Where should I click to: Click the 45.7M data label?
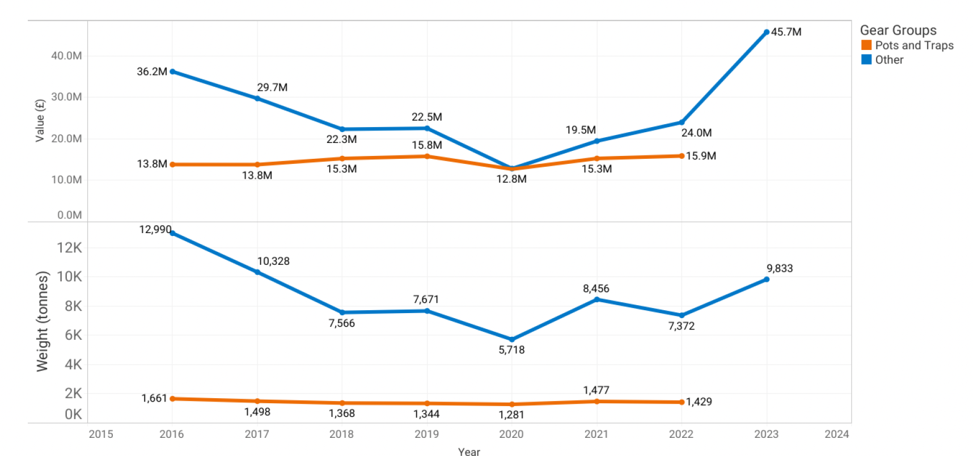click(x=786, y=32)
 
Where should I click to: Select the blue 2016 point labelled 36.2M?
click(x=172, y=71)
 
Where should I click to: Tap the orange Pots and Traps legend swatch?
click(x=866, y=45)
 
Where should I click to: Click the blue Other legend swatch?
click(x=866, y=60)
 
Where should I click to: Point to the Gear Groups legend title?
click(x=898, y=30)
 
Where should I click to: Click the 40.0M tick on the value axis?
click(x=66, y=56)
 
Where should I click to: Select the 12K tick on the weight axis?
click(x=69, y=248)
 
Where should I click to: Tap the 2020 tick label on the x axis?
click(x=511, y=434)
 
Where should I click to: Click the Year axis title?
click(x=469, y=451)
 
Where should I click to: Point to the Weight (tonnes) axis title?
click(x=43, y=321)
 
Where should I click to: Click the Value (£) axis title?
click(x=40, y=120)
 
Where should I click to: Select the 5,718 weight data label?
click(x=511, y=350)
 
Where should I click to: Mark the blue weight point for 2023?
click(x=767, y=279)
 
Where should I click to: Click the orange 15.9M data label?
click(x=701, y=156)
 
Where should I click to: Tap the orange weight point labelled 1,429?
click(x=682, y=402)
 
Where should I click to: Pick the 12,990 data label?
click(x=155, y=229)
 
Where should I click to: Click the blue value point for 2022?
click(x=682, y=123)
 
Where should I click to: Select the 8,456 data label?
click(x=596, y=289)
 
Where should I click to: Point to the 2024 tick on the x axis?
click(x=836, y=434)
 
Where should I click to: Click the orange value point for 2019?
click(x=427, y=157)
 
